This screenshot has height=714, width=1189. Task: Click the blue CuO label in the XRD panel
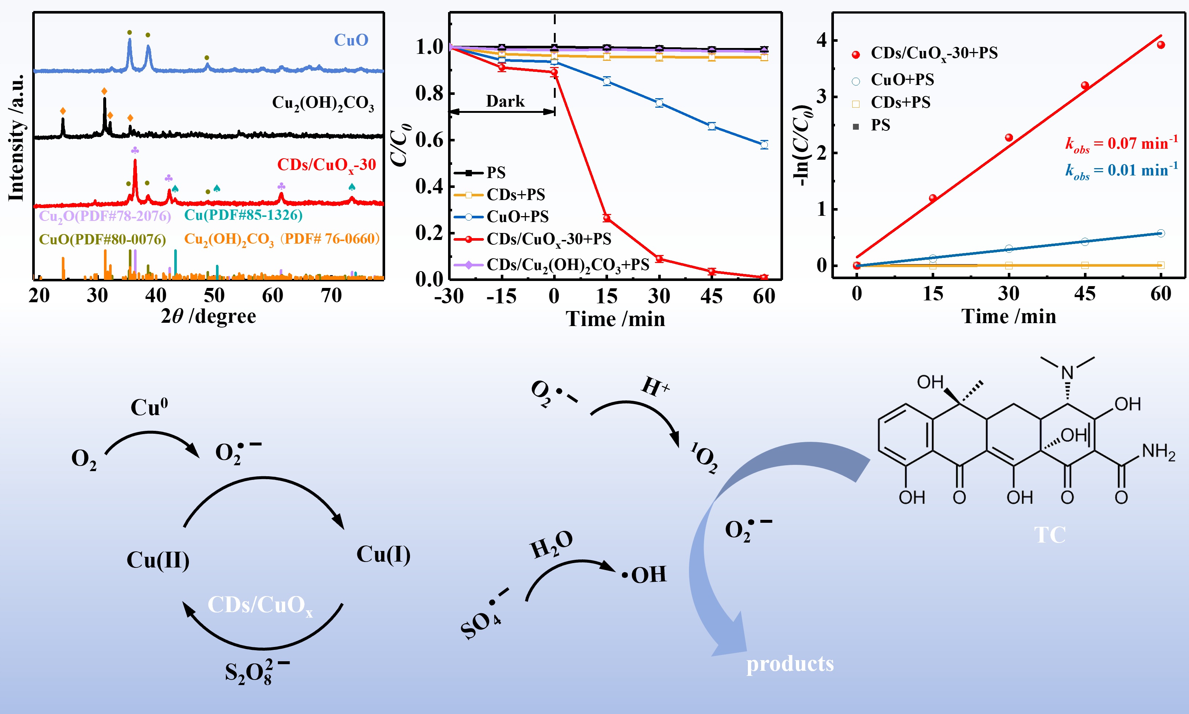[x=351, y=40]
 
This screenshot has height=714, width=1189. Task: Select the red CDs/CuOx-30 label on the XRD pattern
[x=327, y=165]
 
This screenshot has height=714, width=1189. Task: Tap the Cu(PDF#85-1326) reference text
[x=243, y=215]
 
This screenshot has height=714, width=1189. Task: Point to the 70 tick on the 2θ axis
[x=331, y=295]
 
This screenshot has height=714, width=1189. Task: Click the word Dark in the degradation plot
[x=505, y=101]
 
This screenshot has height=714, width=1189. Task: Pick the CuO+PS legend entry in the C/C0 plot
[x=517, y=217]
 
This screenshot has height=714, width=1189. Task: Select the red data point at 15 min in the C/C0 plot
[x=607, y=218]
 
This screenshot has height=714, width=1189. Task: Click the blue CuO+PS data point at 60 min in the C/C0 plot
[x=764, y=145]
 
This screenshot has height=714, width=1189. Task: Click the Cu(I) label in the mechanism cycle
[x=383, y=554]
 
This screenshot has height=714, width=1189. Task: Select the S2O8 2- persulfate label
[x=256, y=672]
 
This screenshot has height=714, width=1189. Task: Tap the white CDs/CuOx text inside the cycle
[x=260, y=605]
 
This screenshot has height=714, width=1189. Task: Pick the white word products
[x=790, y=664]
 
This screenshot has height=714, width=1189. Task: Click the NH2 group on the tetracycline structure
[x=1158, y=452]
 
